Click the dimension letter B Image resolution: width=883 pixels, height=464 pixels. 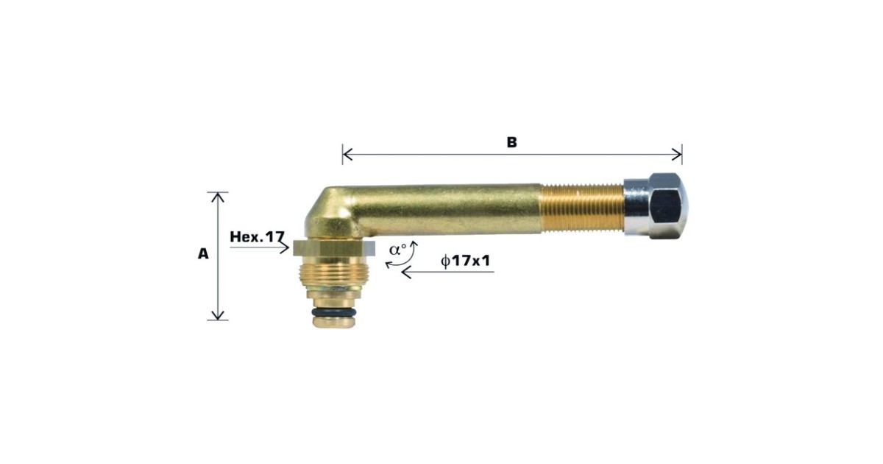(x=511, y=142)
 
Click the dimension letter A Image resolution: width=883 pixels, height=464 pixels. (x=203, y=253)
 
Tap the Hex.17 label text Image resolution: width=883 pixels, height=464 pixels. (x=257, y=236)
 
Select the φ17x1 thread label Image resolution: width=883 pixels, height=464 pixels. (x=466, y=261)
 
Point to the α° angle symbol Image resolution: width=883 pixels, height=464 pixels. (x=397, y=250)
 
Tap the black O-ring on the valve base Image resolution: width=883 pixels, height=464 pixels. (x=334, y=312)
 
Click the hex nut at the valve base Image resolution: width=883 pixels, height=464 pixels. (x=334, y=248)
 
